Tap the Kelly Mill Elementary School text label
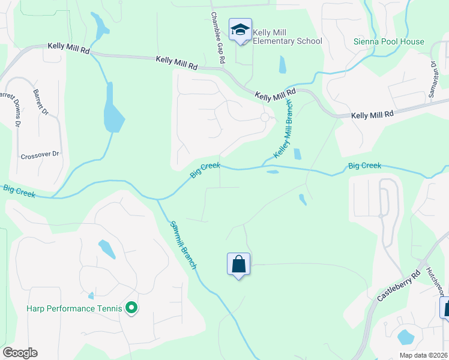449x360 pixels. [x=288, y=37]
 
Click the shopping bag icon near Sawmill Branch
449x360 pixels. [x=238, y=264]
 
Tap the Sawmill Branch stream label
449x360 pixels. [x=183, y=244]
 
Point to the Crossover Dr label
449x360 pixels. [x=41, y=154]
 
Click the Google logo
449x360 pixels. [x=20, y=353]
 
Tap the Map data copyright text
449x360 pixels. [x=423, y=355]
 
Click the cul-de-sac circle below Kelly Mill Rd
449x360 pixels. [x=265, y=118]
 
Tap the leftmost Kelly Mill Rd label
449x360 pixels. [x=68, y=49]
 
